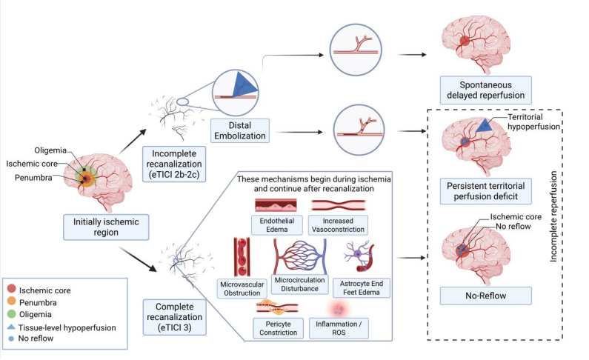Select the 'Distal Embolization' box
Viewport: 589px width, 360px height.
point(238,130)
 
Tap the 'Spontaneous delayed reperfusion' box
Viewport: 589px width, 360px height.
point(486,90)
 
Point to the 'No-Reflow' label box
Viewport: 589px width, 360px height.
point(487,296)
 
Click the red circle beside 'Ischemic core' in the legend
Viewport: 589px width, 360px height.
point(16,291)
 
